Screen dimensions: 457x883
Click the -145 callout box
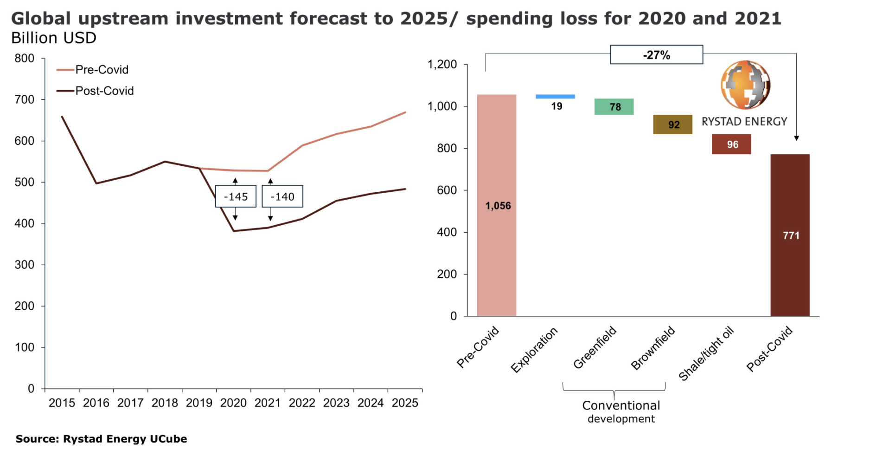[x=236, y=196]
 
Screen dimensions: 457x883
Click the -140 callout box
[x=282, y=196]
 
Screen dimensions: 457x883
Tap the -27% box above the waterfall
[x=656, y=55]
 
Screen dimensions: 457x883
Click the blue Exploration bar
[x=555, y=97]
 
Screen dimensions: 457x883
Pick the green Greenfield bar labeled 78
[x=614, y=107]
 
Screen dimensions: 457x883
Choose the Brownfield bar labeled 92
[x=672, y=124]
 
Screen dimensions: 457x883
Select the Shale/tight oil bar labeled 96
[x=731, y=144]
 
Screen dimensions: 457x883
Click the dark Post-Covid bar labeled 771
[x=790, y=235]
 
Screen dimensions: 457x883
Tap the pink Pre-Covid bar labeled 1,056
[x=497, y=205]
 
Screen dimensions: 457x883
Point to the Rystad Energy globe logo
[x=745, y=85]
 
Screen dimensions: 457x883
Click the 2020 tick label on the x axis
[x=233, y=403]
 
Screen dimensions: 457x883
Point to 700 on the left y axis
[x=25, y=99]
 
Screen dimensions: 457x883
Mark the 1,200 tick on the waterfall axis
[x=442, y=65]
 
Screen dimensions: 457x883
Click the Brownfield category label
[x=653, y=348]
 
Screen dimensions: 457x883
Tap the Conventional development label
[x=621, y=411]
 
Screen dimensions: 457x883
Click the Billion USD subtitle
[x=54, y=38]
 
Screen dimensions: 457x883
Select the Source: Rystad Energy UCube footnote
[x=101, y=439]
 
